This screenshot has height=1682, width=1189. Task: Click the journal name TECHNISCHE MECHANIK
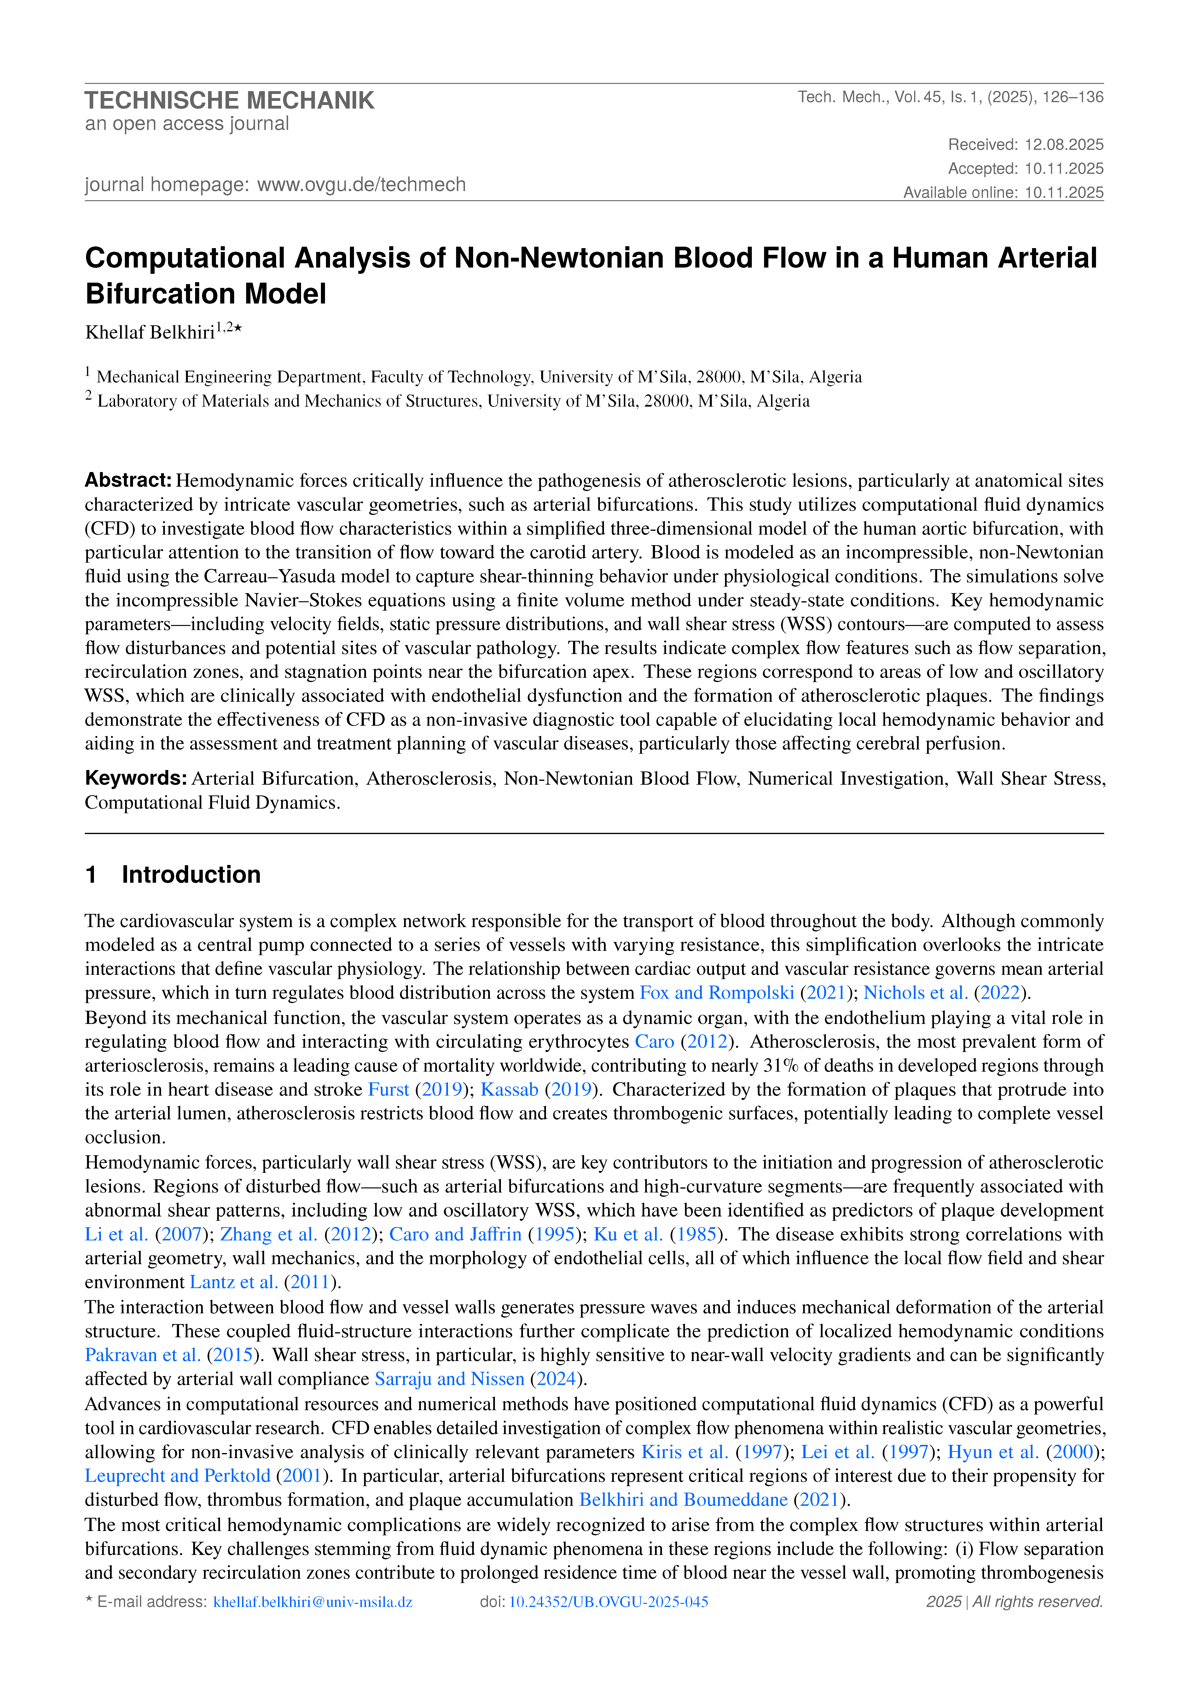click(x=229, y=100)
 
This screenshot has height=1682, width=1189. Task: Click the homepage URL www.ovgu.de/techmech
click(x=361, y=185)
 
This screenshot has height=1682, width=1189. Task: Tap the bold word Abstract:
click(x=128, y=481)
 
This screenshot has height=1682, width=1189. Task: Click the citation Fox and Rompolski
click(x=716, y=993)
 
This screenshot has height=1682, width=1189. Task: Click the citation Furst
click(x=388, y=1089)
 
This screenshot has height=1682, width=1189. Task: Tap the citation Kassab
click(x=509, y=1089)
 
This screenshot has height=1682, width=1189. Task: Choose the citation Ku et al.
click(x=628, y=1234)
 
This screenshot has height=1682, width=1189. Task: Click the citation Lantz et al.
click(x=234, y=1282)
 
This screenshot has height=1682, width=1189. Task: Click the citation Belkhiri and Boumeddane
click(x=683, y=1500)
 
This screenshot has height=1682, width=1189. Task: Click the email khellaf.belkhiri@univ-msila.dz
click(x=313, y=1602)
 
